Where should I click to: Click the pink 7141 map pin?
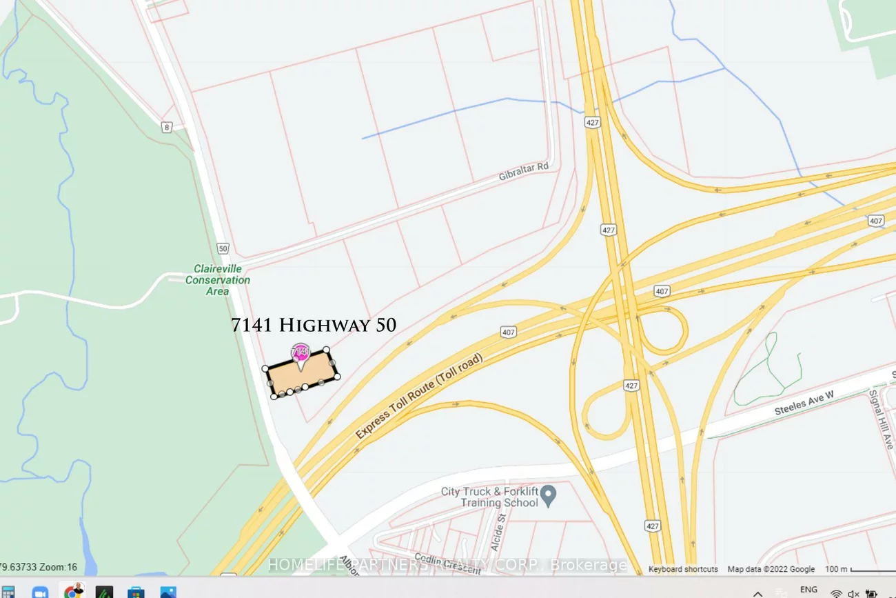[x=301, y=352]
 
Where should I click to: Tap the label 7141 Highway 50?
[x=314, y=326]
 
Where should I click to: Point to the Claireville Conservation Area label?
[x=218, y=280]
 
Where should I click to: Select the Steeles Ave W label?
[x=804, y=402]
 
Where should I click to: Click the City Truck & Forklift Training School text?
[x=489, y=497]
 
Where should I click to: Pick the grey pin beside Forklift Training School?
[x=549, y=495]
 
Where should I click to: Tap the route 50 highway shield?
[x=221, y=248]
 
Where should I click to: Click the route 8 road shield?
[x=167, y=127]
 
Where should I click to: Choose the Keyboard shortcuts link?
[x=683, y=569]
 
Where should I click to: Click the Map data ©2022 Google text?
[x=771, y=569]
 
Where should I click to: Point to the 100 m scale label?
[x=836, y=569]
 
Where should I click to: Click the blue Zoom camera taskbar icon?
[x=41, y=592]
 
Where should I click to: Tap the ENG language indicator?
[x=808, y=590]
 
